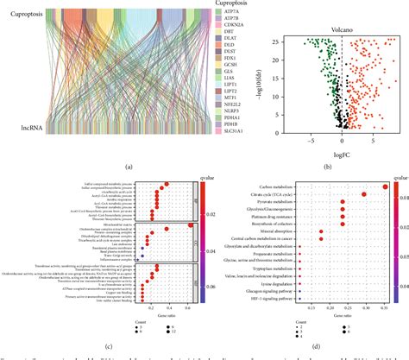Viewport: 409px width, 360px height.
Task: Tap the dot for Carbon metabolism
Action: click(x=384, y=186)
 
